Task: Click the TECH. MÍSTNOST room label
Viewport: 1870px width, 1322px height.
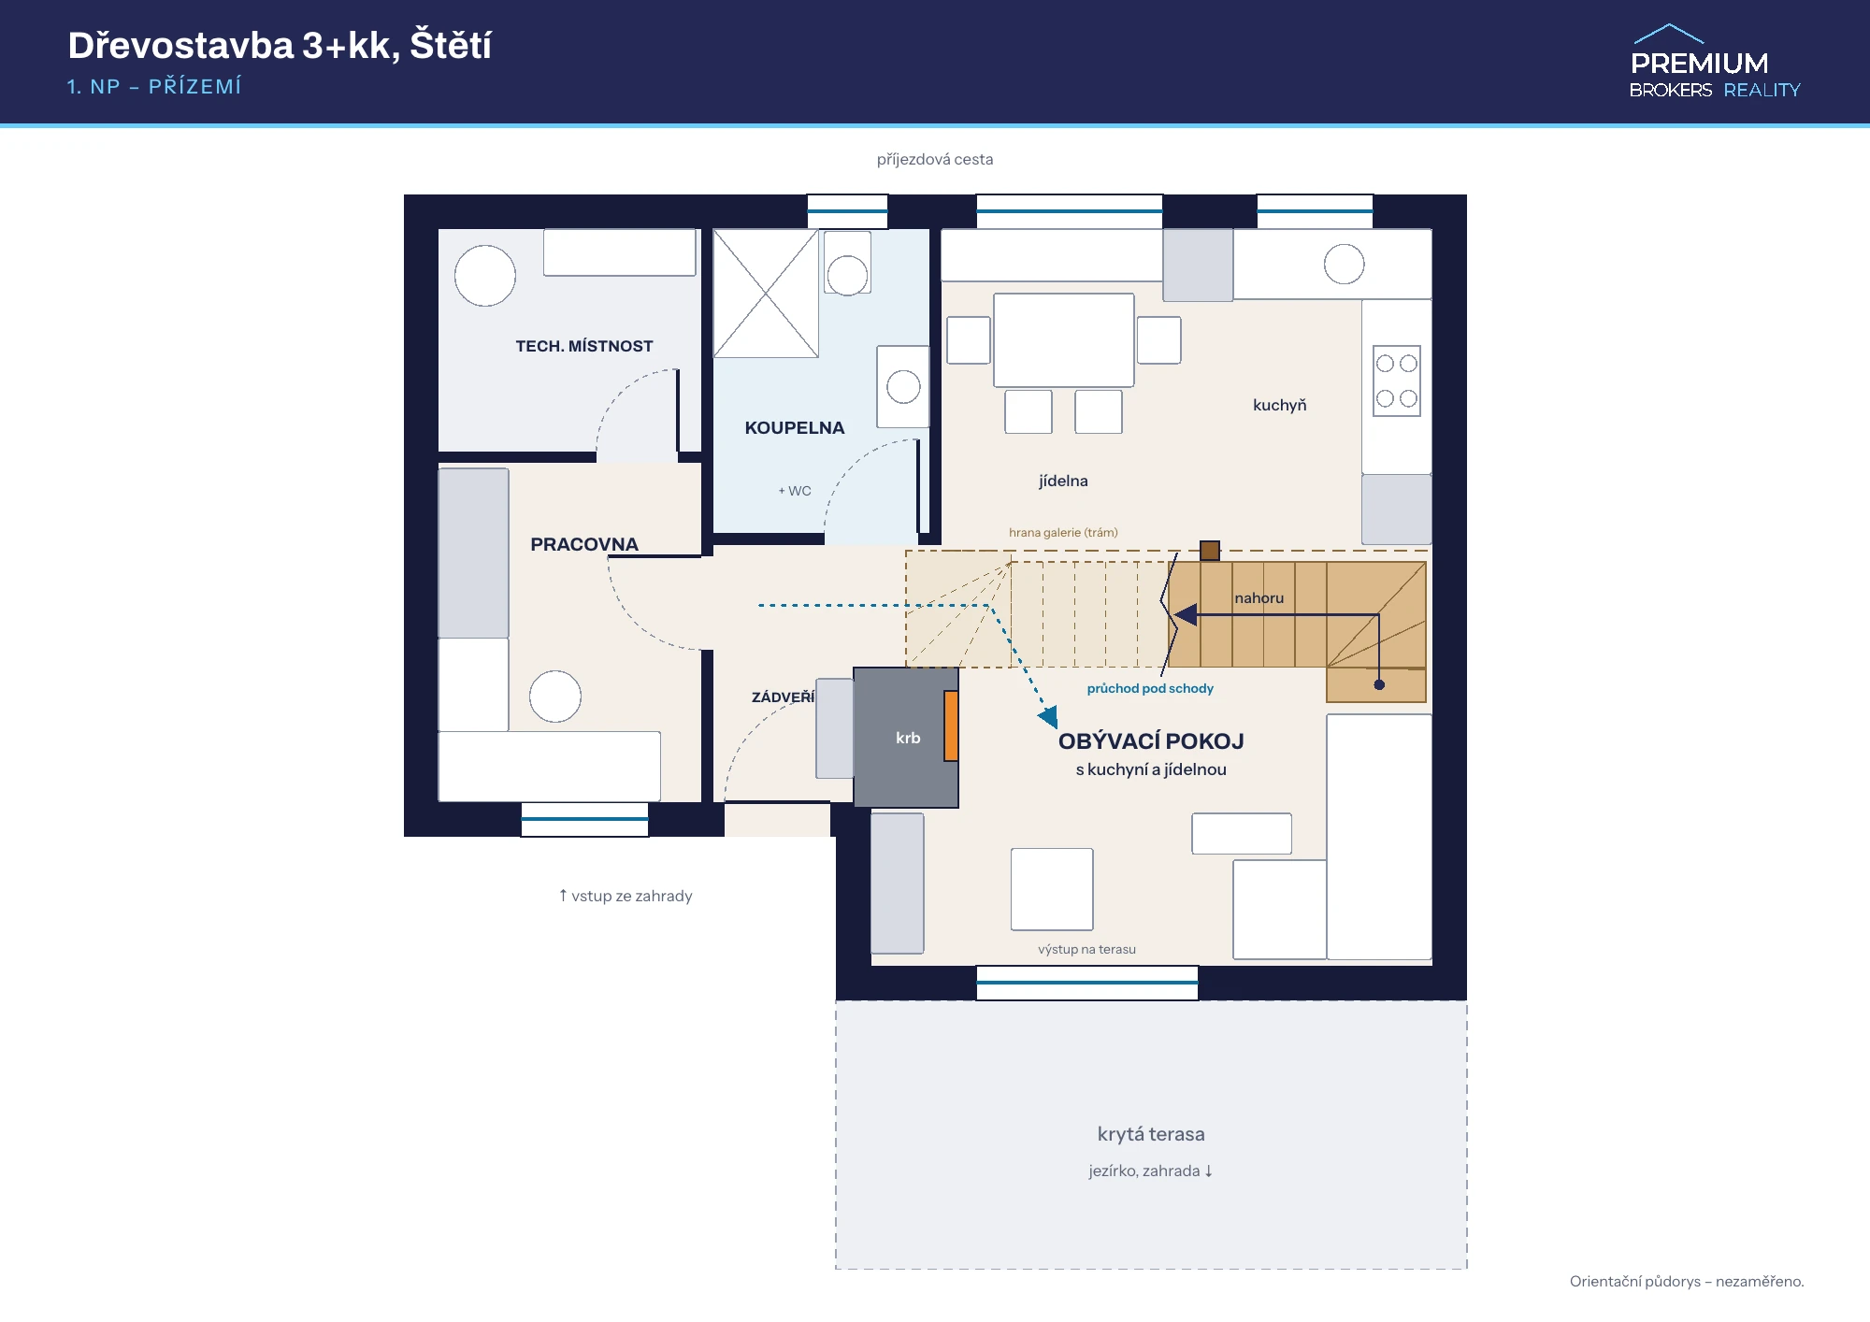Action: [584, 346]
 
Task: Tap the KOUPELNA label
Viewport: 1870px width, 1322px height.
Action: [795, 428]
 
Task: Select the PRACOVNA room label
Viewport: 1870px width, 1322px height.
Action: [584, 544]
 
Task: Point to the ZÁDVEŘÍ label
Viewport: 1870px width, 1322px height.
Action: [784, 697]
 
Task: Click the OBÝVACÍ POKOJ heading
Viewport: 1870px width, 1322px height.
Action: [1151, 741]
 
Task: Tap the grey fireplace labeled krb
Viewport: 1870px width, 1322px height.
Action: [905, 738]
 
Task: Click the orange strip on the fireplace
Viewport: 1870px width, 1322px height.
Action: [951, 726]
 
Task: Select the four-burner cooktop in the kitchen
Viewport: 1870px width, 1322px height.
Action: [1397, 381]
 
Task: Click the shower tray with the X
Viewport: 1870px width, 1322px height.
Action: [766, 294]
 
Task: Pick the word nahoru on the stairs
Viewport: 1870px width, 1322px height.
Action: [1259, 598]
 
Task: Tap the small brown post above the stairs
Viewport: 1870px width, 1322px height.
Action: [1210, 551]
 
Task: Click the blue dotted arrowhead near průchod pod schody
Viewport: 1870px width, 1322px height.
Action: [1049, 717]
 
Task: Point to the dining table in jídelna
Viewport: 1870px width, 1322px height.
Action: [1064, 340]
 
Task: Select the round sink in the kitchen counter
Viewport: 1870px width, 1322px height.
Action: [1344, 264]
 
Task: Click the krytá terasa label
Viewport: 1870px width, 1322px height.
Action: [1151, 1134]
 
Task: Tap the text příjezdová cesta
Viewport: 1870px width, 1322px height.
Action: [935, 160]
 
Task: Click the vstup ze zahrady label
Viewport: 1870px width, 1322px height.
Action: [626, 896]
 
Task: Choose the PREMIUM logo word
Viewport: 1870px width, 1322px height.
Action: [1700, 64]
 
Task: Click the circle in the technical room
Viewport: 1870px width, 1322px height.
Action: [485, 276]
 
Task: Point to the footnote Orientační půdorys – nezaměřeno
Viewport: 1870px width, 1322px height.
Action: [1687, 1281]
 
